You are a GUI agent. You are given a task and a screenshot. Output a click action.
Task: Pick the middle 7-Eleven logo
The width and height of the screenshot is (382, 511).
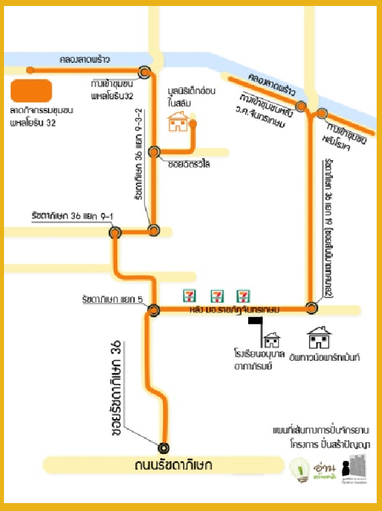coord(216,295)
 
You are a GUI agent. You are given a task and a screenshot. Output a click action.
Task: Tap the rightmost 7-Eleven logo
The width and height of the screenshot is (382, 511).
coord(244,295)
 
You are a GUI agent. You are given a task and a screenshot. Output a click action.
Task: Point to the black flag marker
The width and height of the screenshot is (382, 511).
coord(255,322)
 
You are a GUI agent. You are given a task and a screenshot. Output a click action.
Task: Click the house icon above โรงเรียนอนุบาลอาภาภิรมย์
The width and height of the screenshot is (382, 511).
coord(272,340)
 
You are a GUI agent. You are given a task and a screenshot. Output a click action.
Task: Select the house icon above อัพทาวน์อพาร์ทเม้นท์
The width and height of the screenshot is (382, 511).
coord(319,338)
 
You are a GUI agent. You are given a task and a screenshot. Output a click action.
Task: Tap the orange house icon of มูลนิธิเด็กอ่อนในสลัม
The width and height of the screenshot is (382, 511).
coord(178,121)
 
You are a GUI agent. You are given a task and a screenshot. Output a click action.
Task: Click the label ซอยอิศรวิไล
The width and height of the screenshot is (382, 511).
coord(189,164)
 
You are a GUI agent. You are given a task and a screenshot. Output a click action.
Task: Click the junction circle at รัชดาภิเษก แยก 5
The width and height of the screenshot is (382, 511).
coord(154,309)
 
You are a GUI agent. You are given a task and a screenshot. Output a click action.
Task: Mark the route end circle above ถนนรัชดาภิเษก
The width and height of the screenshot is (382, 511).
coord(163,447)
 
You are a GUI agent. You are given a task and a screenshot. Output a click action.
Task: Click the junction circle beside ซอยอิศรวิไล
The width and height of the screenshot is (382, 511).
coord(154,152)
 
